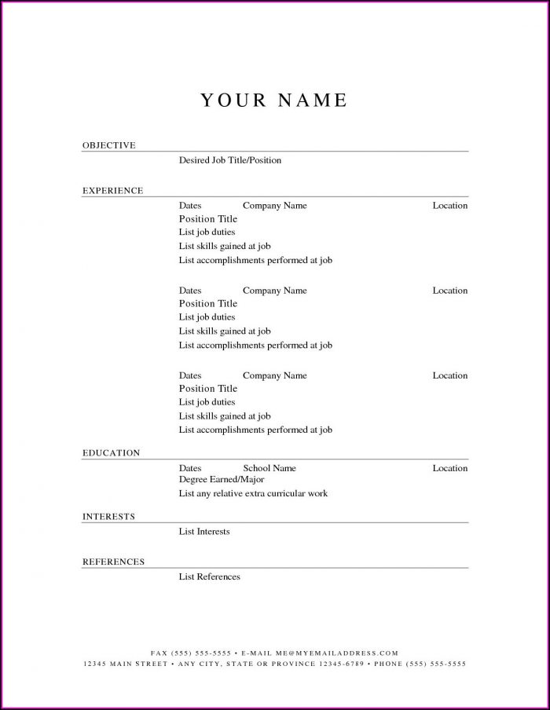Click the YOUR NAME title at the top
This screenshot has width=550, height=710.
(273, 101)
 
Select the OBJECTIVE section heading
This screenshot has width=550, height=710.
(109, 145)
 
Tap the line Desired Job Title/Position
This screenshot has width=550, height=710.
(229, 160)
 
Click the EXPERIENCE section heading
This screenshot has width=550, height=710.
(113, 190)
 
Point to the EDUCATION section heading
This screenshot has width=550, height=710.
(112, 453)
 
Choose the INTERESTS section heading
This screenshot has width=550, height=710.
(109, 517)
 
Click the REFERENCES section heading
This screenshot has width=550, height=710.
(114, 562)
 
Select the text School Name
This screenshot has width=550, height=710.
(269, 468)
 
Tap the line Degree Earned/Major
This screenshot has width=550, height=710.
(222, 479)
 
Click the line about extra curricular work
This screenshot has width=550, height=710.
(253, 493)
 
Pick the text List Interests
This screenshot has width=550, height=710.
(204, 532)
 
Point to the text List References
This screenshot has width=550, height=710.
(209, 576)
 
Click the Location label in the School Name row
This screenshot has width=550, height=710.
(449, 468)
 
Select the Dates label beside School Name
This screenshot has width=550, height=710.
(190, 468)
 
